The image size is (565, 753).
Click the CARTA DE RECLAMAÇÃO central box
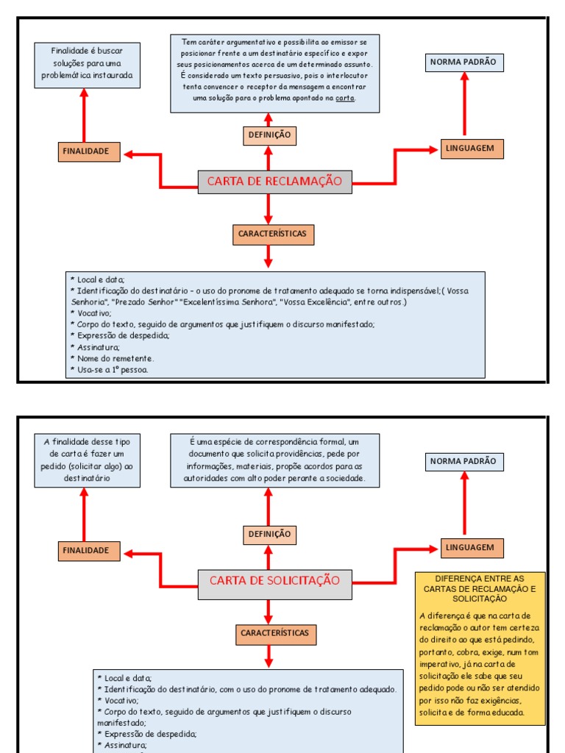[x=274, y=181]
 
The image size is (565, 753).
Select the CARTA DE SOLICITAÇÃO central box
[x=274, y=580]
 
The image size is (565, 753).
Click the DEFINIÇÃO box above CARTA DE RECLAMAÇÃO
[x=269, y=135]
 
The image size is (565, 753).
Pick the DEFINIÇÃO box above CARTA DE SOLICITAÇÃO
[x=269, y=535]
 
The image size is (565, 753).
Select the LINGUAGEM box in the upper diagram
[x=472, y=149]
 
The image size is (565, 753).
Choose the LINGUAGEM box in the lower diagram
[x=472, y=548]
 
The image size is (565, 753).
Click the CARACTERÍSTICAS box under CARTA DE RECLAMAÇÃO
[x=269, y=234]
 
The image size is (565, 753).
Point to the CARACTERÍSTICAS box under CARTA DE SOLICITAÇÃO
[x=275, y=633]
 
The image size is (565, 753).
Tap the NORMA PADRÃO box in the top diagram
[x=463, y=63]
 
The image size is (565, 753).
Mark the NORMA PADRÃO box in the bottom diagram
[x=463, y=462]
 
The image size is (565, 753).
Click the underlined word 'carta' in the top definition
[x=344, y=99]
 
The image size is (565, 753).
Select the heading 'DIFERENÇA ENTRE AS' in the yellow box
[x=480, y=579]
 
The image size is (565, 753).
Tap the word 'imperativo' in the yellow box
[x=441, y=665]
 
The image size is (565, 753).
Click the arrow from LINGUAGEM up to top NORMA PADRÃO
[x=464, y=104]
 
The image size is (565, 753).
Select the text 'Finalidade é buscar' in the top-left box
[x=87, y=51]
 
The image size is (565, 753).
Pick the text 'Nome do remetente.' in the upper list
[x=115, y=358]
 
